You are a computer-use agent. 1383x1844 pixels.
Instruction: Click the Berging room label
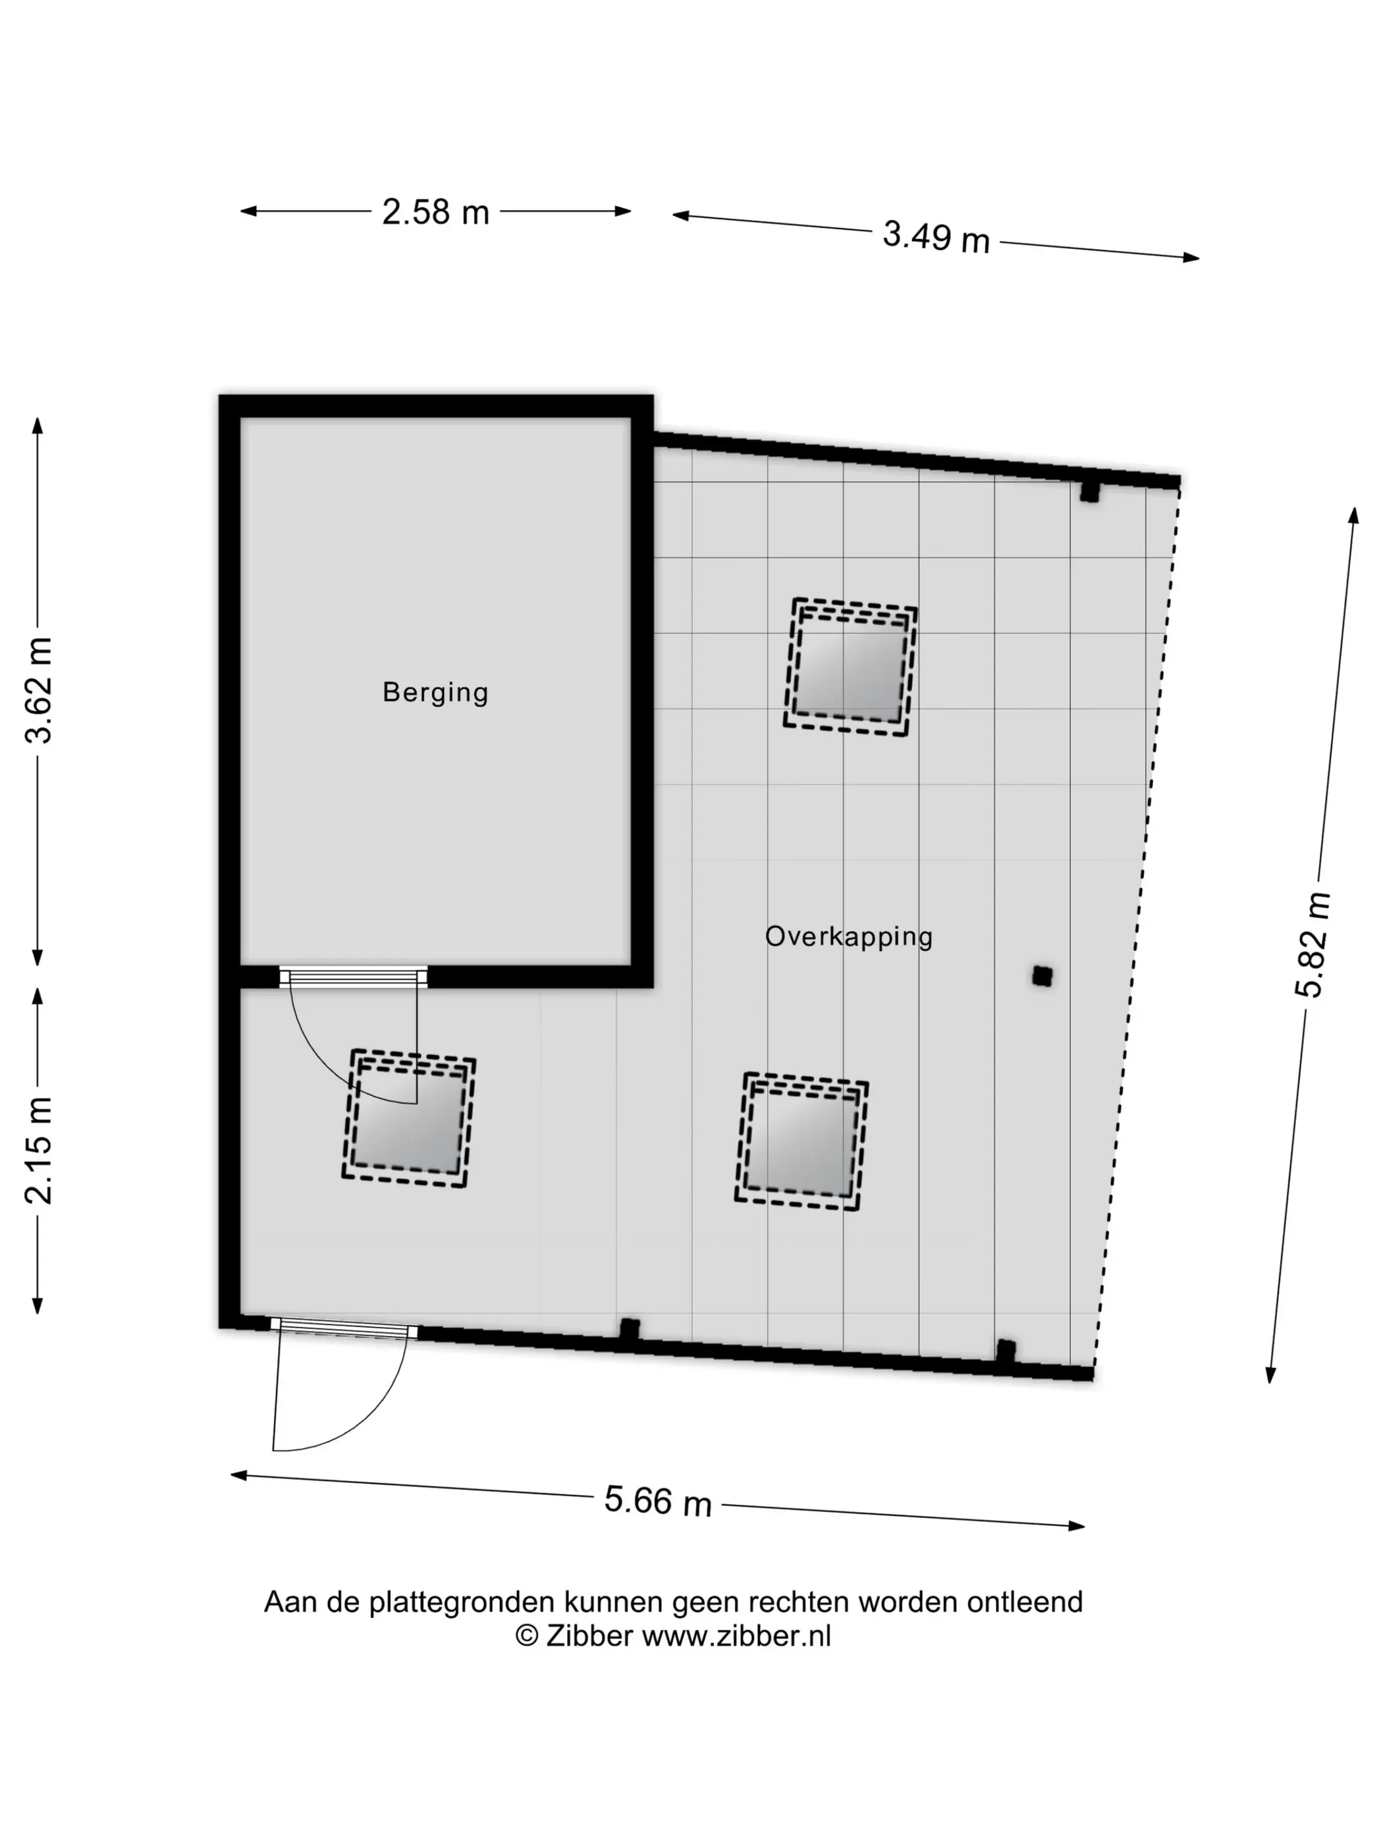pyautogui.click(x=435, y=693)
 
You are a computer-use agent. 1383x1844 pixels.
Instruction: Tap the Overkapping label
pyautogui.click(x=849, y=936)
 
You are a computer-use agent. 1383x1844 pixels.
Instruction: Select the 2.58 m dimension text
pyautogui.click(x=435, y=213)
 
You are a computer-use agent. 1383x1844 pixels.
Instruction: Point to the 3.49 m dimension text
pyautogui.click(x=936, y=236)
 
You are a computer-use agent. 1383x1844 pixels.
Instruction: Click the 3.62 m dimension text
pyautogui.click(x=39, y=690)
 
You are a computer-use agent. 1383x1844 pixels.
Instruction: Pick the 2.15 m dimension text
pyautogui.click(x=39, y=1151)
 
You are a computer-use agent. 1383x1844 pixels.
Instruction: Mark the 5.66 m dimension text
pyautogui.click(x=658, y=1502)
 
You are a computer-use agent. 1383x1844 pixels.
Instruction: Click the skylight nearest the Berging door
pyautogui.click(x=408, y=1118)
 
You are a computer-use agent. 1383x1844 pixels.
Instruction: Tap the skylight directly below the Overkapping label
pyautogui.click(x=801, y=1141)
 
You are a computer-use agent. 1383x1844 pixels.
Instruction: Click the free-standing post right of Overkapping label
pyautogui.click(x=1042, y=976)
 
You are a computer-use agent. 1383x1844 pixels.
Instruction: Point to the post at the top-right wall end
pyautogui.click(x=1089, y=492)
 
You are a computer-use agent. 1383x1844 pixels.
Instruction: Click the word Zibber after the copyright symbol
pyautogui.click(x=589, y=1637)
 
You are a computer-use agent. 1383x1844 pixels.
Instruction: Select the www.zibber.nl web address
pyautogui.click(x=737, y=1637)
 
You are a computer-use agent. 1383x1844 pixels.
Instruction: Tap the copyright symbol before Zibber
pyautogui.click(x=527, y=1637)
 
